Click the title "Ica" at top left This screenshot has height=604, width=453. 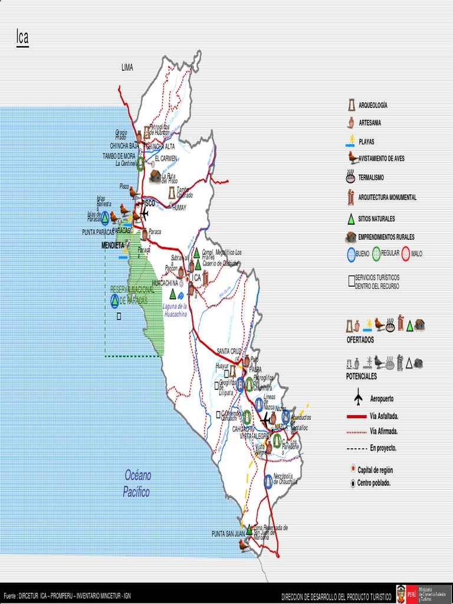coord(22,38)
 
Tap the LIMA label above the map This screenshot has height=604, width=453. coord(127,68)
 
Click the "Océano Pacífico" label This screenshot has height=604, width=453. coord(137,483)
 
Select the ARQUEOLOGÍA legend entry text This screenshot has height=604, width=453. coord(373,105)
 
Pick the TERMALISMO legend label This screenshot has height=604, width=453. coord(371,177)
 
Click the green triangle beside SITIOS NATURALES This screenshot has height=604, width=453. coord(351,219)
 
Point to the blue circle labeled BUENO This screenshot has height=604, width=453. coord(352,254)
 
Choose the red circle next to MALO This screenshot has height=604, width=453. coord(406,254)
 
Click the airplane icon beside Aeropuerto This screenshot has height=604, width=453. coord(358,399)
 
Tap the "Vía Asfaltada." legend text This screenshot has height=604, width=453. coord(384,416)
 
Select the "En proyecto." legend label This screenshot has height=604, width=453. coord(383,448)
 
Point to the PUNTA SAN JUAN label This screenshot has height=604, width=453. coord(228,534)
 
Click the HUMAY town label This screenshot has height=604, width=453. coord(179,208)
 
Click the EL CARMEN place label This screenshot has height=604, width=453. coord(166,158)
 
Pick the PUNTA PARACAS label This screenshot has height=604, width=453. coord(97,232)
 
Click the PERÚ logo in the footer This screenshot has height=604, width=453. coord(401,594)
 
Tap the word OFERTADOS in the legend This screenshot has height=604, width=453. coord(360,340)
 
